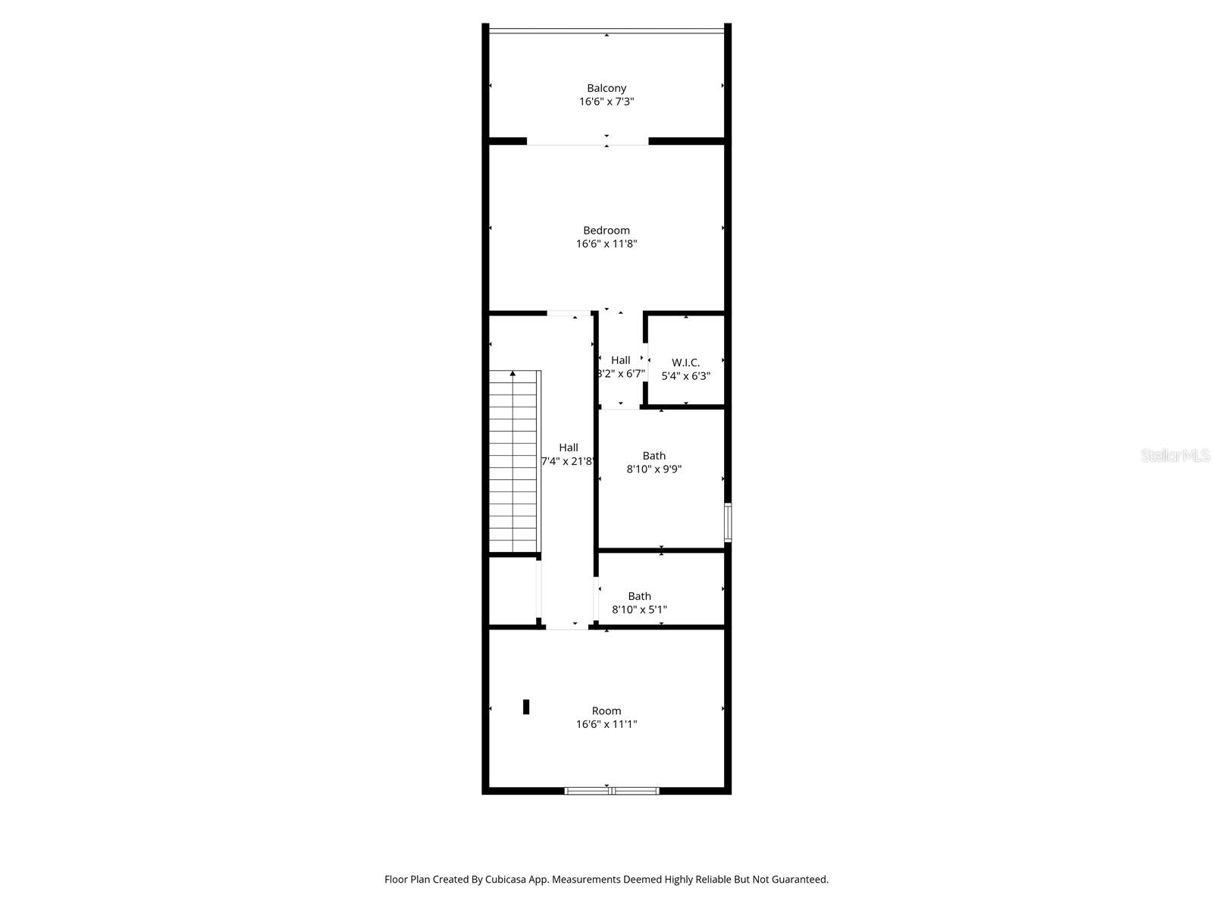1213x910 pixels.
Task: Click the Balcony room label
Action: pos(606,88)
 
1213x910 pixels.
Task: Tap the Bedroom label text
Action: pos(606,231)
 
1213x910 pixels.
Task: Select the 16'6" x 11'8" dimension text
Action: pos(606,243)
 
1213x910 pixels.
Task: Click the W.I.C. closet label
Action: pos(685,362)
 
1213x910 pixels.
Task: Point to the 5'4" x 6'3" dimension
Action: pos(685,375)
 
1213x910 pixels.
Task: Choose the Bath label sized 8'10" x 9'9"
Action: pos(654,456)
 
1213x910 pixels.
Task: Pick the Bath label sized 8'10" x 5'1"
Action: pos(639,596)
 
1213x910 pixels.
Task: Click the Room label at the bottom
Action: pos(606,711)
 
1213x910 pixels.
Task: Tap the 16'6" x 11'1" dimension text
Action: pos(606,724)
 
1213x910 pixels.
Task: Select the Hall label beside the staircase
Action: pos(569,447)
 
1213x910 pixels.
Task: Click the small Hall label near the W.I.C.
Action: pos(620,360)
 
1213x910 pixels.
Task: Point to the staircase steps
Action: pos(513,463)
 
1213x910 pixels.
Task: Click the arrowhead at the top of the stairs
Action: pos(513,373)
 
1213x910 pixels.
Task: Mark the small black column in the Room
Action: pos(526,707)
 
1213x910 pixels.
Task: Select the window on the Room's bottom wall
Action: pos(612,791)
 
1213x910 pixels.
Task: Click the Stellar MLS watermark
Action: pos(1175,456)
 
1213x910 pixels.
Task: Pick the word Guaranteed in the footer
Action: pos(800,880)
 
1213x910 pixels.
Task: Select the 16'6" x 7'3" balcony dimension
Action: pos(606,102)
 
